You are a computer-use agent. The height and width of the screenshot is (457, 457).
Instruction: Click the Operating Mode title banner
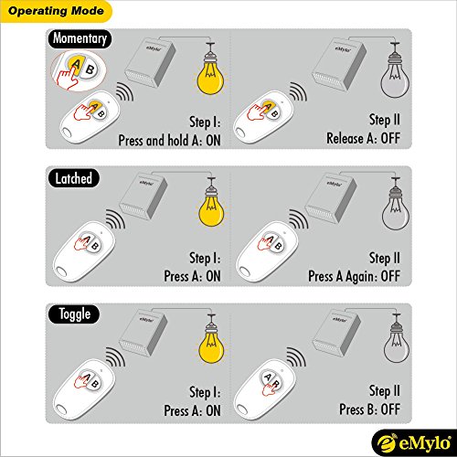coord(56,11)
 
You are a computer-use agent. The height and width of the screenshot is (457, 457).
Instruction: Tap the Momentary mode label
coord(80,38)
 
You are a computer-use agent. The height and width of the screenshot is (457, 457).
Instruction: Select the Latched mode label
coord(73,178)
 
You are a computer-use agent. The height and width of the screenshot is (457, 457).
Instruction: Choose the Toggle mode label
coord(74,314)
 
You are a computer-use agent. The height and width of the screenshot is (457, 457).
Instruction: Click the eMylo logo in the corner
coord(414,443)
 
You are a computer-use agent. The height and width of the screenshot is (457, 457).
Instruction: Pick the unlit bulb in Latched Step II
coord(396,207)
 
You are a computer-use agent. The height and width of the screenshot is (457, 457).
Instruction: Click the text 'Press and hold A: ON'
coord(169,141)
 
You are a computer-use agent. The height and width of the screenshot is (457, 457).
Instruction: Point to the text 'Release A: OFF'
coord(363,138)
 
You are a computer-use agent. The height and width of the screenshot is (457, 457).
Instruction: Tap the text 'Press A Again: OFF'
coord(354,276)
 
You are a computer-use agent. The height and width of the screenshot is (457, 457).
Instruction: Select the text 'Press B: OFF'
coord(369,409)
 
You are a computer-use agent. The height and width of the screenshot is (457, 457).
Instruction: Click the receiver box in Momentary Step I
coord(151,62)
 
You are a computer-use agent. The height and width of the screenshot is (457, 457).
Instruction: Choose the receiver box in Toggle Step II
coord(336,333)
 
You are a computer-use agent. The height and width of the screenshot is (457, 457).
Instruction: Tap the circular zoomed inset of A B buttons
coord(79,71)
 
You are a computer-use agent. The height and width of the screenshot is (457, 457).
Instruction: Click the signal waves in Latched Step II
coord(299,218)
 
